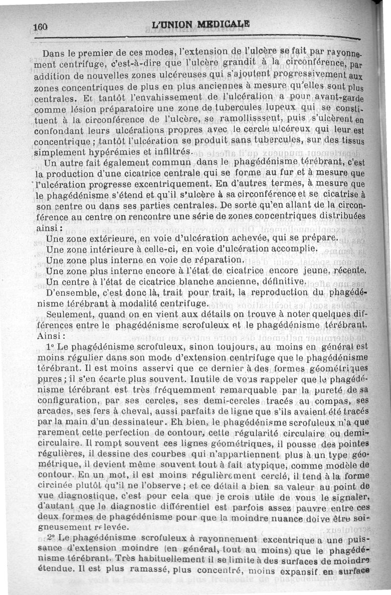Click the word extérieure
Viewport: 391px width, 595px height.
point(114,239)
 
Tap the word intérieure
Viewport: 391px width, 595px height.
point(113,249)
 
